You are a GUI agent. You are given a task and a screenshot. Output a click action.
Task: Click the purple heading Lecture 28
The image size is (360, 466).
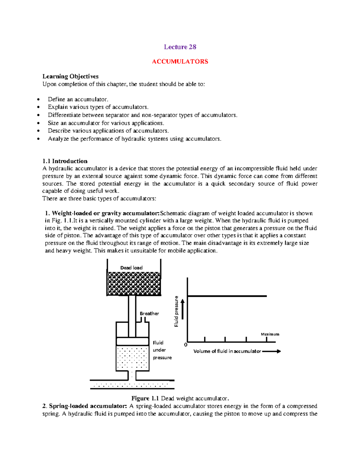tap(180, 47)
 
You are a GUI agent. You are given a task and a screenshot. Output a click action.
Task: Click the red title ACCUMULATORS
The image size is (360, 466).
tap(180, 62)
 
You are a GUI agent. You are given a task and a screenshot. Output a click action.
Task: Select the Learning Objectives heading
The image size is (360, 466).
tap(70, 76)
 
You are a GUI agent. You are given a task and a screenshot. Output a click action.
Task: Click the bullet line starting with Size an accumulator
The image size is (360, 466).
tap(106, 123)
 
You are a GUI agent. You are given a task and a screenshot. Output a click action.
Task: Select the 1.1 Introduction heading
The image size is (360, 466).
tap(65, 161)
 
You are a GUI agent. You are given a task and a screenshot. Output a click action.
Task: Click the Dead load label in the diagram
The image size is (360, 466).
tap(131, 268)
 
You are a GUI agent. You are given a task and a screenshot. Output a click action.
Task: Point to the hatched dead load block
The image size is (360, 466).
tap(134, 284)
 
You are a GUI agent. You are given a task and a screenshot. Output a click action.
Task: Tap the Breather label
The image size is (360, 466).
tap(149, 314)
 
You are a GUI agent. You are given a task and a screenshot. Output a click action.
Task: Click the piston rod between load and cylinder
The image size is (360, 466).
tap(132, 315)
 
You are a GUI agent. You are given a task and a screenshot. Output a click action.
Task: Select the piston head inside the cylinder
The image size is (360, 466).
tap(132, 341)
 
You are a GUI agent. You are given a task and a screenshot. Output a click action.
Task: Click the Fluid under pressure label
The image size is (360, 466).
tap(162, 350)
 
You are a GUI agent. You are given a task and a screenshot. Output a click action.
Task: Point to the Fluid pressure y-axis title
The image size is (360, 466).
tap(176, 311)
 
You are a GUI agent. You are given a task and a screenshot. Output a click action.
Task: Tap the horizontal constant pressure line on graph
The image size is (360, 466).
tap(227, 296)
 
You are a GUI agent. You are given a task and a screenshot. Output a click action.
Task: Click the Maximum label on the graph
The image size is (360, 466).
tap(270, 334)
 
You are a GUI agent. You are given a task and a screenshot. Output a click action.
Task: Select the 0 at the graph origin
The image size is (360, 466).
tap(186, 345)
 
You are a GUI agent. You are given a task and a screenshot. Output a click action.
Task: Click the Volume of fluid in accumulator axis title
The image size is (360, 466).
tap(227, 351)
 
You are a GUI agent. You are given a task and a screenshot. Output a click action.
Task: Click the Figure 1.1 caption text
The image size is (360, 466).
tap(180, 398)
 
